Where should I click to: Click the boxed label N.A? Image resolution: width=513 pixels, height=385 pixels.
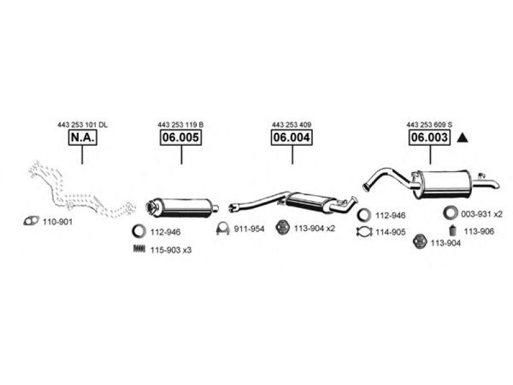(83, 137)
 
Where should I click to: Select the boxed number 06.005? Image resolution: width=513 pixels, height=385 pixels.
(181, 137)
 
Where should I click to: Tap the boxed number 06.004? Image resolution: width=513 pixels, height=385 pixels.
(292, 137)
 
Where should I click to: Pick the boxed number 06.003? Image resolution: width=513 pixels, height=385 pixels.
(430, 137)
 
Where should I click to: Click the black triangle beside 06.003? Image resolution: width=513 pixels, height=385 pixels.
(462, 138)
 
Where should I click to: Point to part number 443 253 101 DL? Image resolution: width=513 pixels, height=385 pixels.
(83, 124)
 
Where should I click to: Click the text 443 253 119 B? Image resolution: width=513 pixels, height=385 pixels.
(181, 124)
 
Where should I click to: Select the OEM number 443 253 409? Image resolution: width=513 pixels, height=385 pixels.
(292, 124)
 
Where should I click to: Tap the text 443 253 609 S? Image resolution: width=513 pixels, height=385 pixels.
(430, 124)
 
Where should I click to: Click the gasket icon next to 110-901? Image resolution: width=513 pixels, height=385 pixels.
(31, 221)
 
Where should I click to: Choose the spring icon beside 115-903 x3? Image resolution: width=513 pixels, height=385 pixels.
(139, 249)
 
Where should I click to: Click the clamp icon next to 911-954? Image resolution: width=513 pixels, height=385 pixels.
(223, 228)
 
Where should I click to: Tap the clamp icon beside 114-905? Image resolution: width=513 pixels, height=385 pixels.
(364, 232)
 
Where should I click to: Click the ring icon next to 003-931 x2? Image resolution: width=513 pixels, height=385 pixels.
(451, 213)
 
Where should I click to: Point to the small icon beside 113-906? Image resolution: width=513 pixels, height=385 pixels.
(453, 231)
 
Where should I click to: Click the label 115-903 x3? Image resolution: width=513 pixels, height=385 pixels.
(171, 250)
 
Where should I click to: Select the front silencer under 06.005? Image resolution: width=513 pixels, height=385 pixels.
(182, 207)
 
